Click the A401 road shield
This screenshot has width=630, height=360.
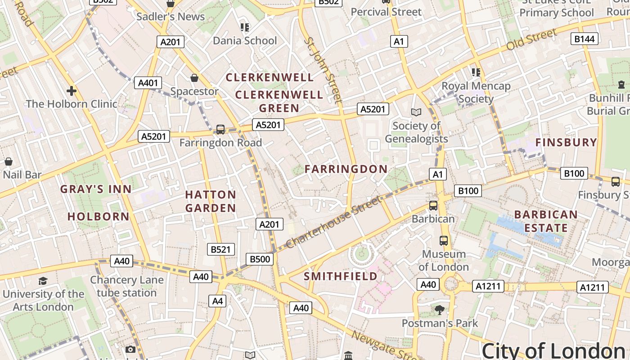tap(148, 83)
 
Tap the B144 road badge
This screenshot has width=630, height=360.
tap(585, 39)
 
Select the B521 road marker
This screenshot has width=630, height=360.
tap(220, 249)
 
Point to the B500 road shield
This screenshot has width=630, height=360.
tap(260, 259)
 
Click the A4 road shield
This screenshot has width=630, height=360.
tap(217, 301)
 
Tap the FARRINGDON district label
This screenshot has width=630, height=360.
tap(346, 169)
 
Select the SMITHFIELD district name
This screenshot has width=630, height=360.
tap(341, 276)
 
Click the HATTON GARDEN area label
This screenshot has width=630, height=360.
tap(211, 201)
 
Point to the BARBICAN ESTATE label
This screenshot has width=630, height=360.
tap(545, 221)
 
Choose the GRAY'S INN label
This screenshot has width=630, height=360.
tap(96, 189)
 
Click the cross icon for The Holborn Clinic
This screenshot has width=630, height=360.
tap(71, 91)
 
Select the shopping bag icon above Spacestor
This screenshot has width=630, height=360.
tap(194, 78)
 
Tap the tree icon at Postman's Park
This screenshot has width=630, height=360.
tap(439, 310)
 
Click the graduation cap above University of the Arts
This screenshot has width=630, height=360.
tap(43, 281)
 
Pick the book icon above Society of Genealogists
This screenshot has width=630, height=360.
tap(416, 112)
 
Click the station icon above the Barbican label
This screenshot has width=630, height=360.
tap(433, 206)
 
